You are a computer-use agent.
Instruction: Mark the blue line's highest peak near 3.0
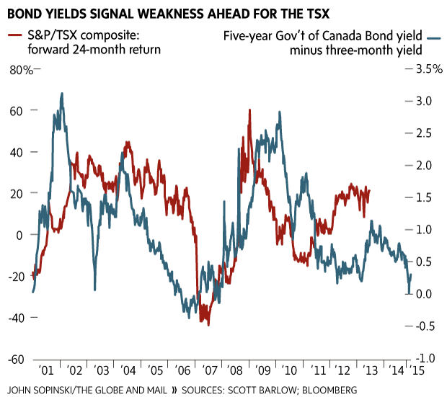tap(62, 93)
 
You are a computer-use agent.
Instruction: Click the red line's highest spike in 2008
tap(249, 110)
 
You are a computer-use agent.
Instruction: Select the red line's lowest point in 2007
tap(208, 325)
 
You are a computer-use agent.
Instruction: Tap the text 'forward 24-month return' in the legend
tap(85, 50)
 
